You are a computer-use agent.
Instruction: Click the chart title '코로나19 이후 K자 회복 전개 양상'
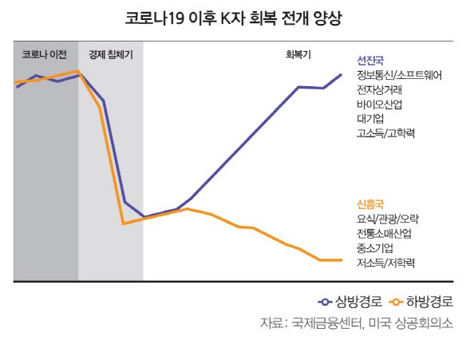point(233,18)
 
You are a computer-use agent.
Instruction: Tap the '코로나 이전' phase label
point(44,54)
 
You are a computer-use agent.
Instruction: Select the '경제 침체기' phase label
point(111,54)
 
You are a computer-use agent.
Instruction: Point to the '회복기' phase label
point(298,54)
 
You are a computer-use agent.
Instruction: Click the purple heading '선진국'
point(370,61)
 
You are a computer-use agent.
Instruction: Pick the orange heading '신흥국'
point(370,204)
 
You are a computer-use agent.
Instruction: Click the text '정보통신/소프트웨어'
point(399,75)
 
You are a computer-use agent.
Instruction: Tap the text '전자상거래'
point(380,89)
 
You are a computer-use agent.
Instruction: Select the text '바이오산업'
point(380,104)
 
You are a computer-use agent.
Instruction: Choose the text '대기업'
point(370,118)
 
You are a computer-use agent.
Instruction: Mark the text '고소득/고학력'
point(385,133)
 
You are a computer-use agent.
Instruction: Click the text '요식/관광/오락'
point(388,219)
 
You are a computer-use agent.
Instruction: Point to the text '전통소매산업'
point(384,233)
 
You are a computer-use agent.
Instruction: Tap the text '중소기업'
point(375,248)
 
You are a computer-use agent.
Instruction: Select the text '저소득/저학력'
point(385,263)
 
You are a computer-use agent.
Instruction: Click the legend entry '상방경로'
point(350,302)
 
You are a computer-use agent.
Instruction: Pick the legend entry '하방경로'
point(421,302)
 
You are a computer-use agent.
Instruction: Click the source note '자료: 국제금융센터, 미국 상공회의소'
point(357,322)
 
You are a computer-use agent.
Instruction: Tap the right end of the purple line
point(342,74)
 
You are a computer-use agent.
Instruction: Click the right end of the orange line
point(342,260)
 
